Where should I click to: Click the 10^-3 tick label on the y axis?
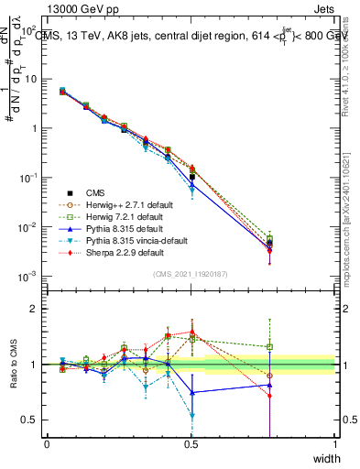[27, 277]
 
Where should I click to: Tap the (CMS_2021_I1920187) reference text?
[191, 274]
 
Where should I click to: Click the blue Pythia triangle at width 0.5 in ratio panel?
[191, 392]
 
